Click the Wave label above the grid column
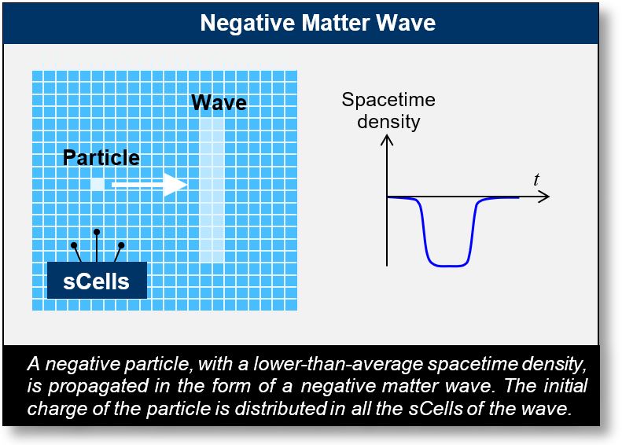pyautogui.click(x=219, y=103)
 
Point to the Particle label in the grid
pyautogui.click(x=101, y=157)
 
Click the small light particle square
pyautogui.click(x=97, y=184)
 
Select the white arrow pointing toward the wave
pyautogui.click(x=149, y=184)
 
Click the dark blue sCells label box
pyautogui.click(x=97, y=281)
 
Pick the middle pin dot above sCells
pyautogui.click(x=97, y=232)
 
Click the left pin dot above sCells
pyautogui.click(x=74, y=245)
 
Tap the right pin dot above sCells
pyautogui.click(x=121, y=245)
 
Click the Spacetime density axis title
pyautogui.click(x=388, y=111)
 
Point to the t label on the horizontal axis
pyautogui.click(x=536, y=180)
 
